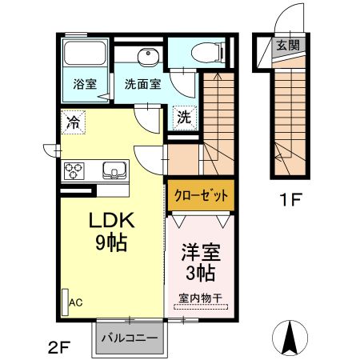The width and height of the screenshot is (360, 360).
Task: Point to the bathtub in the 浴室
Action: (86, 54)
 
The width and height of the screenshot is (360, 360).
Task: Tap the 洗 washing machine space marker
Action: (183, 116)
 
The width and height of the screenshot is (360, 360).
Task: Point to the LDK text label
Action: (109, 219)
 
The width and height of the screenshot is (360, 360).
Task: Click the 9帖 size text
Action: (110, 243)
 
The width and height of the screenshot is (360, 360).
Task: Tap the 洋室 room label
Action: (200, 252)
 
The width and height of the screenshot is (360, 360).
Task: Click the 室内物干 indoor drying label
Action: (200, 298)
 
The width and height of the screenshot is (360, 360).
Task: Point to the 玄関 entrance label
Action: (289, 45)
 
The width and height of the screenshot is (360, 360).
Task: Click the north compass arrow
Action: (290, 335)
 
